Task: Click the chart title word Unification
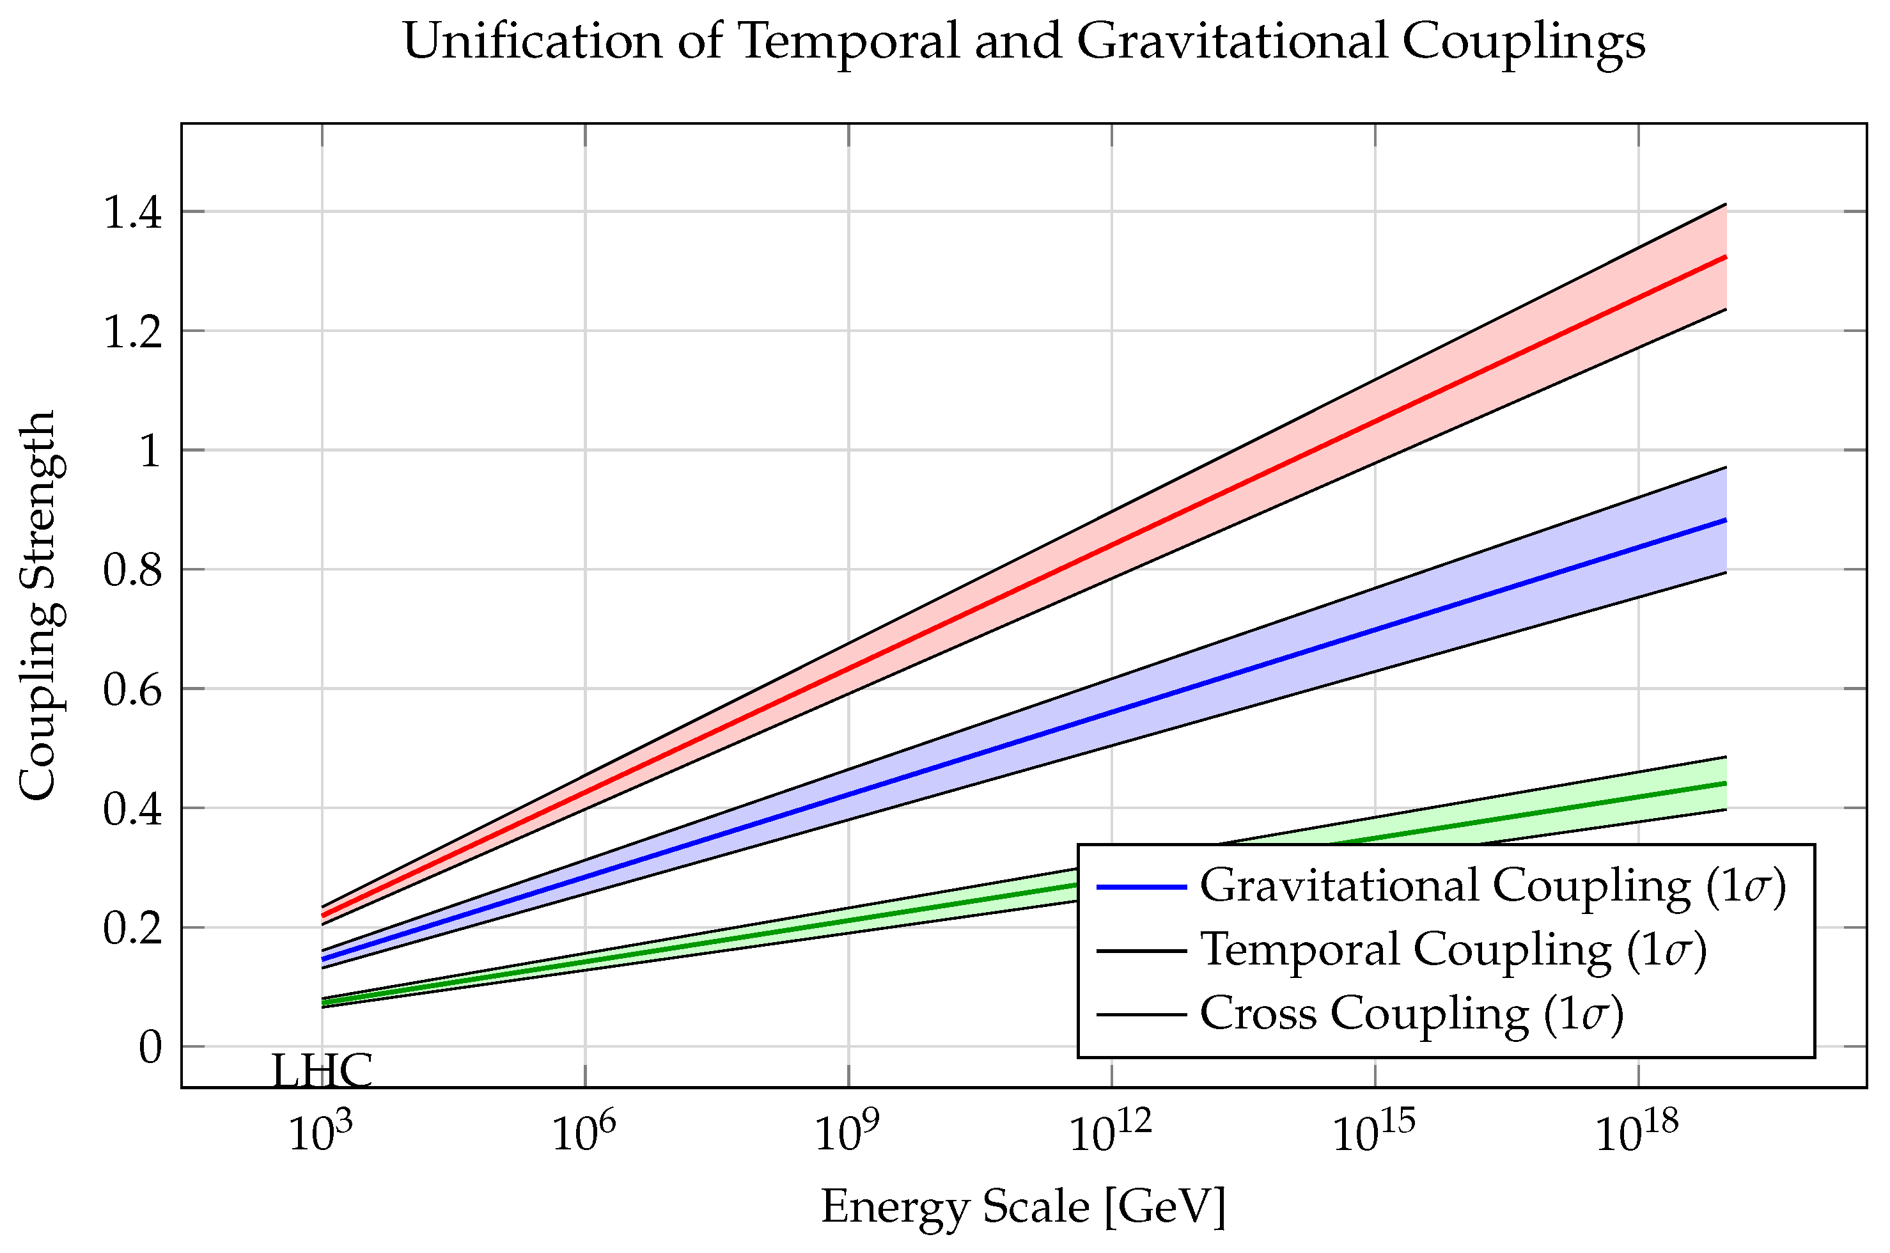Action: tap(532, 42)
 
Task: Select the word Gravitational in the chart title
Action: tap(1231, 42)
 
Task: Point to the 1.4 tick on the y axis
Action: tap(132, 214)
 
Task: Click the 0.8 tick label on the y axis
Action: tap(132, 571)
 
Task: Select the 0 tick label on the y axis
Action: tap(150, 1047)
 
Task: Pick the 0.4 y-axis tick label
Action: tap(132, 808)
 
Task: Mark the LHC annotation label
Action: tap(322, 1071)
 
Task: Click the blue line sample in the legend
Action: tap(1141, 887)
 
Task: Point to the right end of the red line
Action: tap(1726, 257)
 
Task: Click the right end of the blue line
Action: tap(1726, 520)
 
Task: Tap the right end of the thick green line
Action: tap(1726, 783)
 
